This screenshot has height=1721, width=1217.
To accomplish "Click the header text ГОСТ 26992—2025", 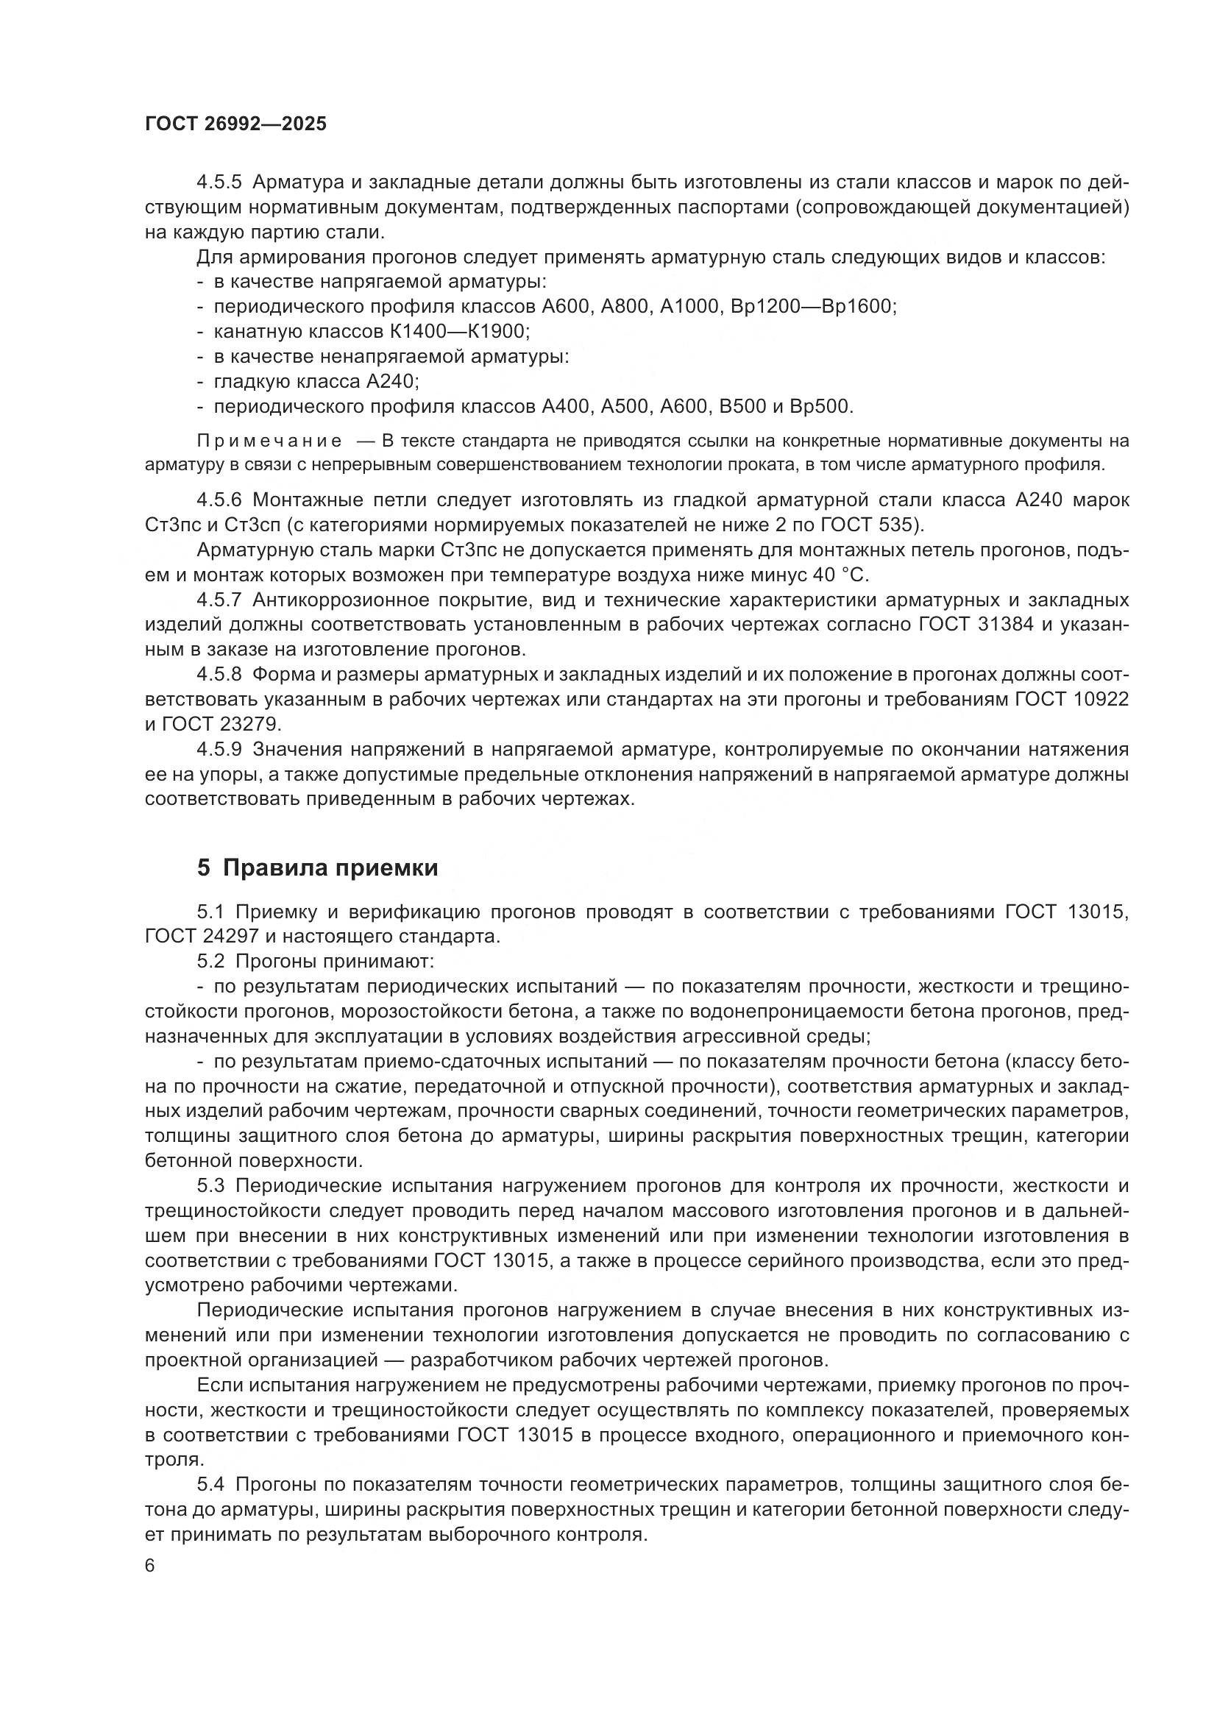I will point(236,124).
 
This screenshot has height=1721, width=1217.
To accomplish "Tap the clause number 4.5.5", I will point(219,182).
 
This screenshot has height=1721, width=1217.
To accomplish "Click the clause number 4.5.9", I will point(219,750).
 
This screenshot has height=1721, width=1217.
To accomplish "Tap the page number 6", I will point(150,1566).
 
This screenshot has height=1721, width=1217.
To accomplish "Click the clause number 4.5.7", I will point(219,600).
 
